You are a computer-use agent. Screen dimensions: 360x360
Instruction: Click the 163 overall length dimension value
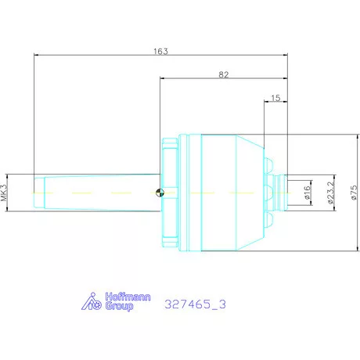(160, 52)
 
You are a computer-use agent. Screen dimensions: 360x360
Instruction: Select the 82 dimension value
(224, 75)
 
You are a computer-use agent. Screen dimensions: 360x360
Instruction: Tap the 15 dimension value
(275, 98)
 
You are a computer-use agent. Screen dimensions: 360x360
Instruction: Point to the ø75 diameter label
(354, 193)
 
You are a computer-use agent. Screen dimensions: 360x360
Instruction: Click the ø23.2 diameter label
(330, 193)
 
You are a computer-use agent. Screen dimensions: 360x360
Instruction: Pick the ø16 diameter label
(308, 193)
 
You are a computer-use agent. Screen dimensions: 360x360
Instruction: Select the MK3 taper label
(4, 193)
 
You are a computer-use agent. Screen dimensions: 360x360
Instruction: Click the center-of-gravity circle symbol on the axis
(160, 193)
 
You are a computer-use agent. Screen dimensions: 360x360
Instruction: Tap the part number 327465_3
(195, 304)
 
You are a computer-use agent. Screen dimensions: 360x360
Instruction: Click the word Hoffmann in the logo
(128, 297)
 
